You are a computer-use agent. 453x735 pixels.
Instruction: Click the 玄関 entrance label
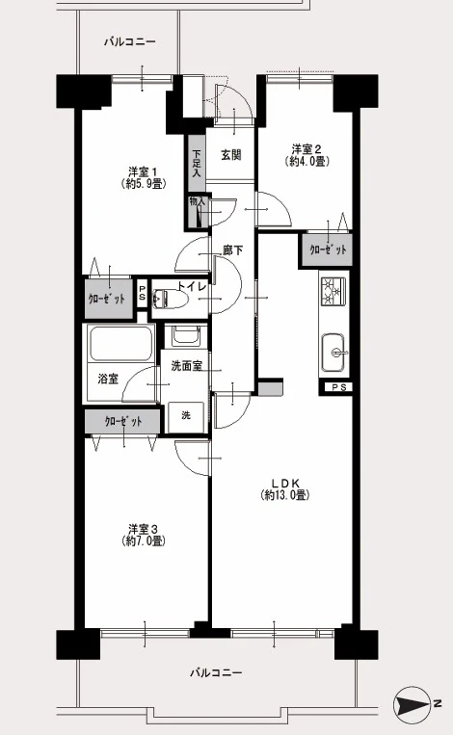(x=231, y=155)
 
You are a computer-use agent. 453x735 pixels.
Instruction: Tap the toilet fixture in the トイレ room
(x=170, y=298)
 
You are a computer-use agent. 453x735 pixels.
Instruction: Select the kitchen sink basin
(x=333, y=352)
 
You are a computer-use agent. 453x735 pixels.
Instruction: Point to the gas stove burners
(x=333, y=292)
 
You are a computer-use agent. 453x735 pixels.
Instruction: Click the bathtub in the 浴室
(x=121, y=344)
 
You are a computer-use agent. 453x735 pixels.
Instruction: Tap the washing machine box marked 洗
(x=186, y=417)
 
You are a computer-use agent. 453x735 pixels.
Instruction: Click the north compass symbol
(x=413, y=703)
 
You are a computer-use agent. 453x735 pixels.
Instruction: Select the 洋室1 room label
(x=143, y=176)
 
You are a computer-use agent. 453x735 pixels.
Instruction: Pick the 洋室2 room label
(x=306, y=155)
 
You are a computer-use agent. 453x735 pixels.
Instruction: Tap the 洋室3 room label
(x=143, y=535)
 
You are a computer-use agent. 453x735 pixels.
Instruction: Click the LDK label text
(x=285, y=489)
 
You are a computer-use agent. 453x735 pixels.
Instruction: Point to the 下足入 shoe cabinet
(x=197, y=163)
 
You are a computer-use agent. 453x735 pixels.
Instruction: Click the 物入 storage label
(x=197, y=202)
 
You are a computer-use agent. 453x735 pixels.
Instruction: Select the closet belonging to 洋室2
(x=327, y=249)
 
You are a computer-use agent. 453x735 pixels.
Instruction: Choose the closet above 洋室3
(x=122, y=422)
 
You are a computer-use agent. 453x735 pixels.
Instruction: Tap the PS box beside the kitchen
(x=335, y=387)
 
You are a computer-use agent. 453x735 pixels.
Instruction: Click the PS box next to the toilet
(x=142, y=294)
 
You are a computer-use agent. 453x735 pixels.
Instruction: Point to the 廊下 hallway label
(x=233, y=250)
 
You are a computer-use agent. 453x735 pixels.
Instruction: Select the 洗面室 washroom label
(x=187, y=366)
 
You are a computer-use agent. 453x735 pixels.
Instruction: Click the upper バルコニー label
(x=129, y=41)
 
